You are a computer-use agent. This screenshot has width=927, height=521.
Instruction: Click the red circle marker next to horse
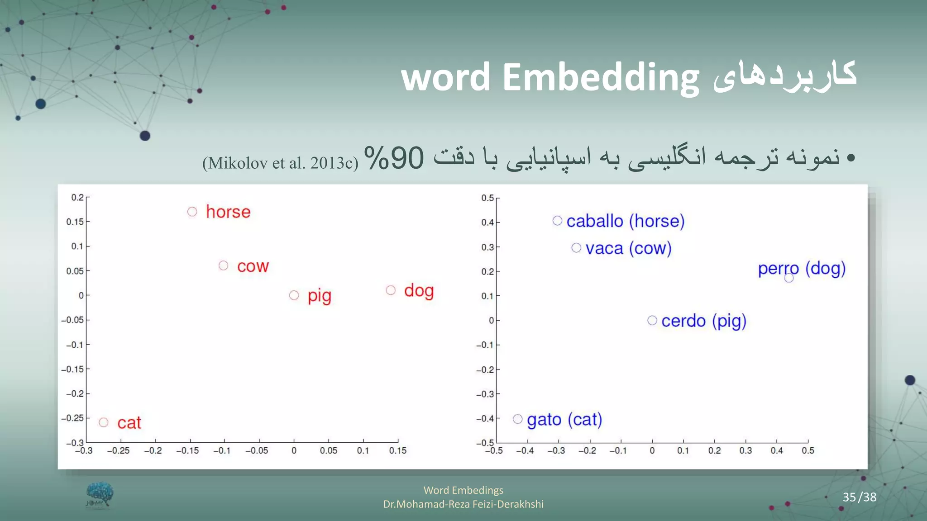click(192, 212)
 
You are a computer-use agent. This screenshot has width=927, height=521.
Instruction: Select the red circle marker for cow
click(224, 265)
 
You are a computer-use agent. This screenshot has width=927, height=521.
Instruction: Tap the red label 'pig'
click(320, 296)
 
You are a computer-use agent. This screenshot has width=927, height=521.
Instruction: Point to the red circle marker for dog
click(391, 290)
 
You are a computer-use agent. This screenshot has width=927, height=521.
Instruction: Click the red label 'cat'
click(129, 423)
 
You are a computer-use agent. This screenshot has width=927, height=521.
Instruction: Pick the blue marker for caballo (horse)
click(557, 221)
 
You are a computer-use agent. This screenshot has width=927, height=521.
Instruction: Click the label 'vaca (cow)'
click(628, 248)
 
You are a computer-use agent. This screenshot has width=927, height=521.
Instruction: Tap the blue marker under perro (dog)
click(789, 278)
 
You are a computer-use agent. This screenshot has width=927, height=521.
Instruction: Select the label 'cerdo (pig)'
click(703, 321)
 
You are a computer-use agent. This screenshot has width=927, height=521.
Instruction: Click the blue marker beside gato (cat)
click(518, 419)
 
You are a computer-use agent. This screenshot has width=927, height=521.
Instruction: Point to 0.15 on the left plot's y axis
click(75, 222)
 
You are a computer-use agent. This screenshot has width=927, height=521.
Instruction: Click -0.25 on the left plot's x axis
click(119, 451)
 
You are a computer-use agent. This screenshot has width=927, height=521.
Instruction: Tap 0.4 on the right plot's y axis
click(487, 223)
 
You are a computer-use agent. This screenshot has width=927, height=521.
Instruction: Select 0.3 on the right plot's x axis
click(745, 451)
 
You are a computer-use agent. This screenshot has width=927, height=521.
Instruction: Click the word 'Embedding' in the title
click(601, 77)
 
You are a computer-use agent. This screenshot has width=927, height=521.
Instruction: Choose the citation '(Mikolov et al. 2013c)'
click(280, 163)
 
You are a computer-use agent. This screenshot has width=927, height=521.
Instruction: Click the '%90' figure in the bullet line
click(394, 158)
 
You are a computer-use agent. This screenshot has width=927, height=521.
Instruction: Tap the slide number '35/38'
click(859, 497)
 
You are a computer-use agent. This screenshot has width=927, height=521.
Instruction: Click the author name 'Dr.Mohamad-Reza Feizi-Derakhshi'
click(463, 504)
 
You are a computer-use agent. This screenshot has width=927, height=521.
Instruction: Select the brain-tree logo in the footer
click(100, 495)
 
